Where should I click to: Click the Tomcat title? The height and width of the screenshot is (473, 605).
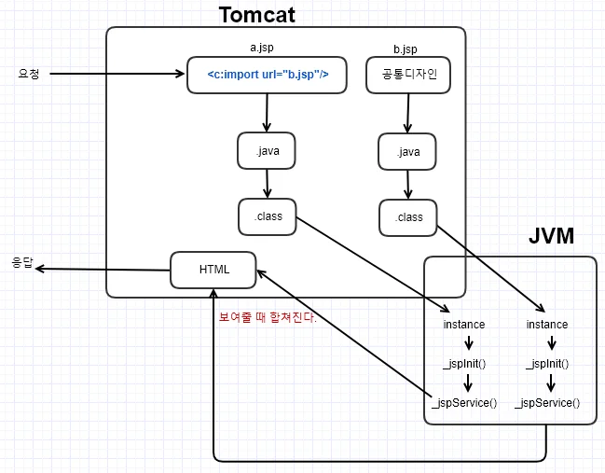click(x=256, y=16)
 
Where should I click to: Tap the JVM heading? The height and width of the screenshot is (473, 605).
click(x=551, y=235)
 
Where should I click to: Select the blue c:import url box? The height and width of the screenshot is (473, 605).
click(x=267, y=75)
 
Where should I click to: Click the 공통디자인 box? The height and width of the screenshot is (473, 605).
click(x=408, y=75)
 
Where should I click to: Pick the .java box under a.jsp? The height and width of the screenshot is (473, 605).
click(x=267, y=150)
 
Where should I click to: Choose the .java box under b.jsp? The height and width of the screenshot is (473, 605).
click(x=407, y=151)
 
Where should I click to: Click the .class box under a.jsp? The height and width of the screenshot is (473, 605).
click(x=268, y=216)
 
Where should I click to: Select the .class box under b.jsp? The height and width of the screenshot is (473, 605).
click(x=407, y=217)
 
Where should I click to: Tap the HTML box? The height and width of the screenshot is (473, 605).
click(x=213, y=270)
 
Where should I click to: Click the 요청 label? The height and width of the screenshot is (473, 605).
click(x=29, y=74)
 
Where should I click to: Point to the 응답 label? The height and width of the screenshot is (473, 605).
click(x=22, y=262)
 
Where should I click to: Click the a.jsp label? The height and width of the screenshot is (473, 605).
click(x=262, y=48)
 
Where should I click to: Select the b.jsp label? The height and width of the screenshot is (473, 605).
click(x=406, y=49)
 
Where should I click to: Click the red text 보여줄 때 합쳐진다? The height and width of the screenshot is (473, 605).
click(x=268, y=317)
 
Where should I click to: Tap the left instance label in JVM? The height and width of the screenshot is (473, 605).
click(x=464, y=325)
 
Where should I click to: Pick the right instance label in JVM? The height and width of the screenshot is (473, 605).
click(x=547, y=325)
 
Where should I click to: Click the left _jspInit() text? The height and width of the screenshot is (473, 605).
click(x=464, y=364)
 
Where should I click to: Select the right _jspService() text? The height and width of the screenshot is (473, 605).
click(x=547, y=403)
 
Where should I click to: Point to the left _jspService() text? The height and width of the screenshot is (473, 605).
click(x=464, y=403)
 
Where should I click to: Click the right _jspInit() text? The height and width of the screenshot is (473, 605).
click(x=547, y=364)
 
